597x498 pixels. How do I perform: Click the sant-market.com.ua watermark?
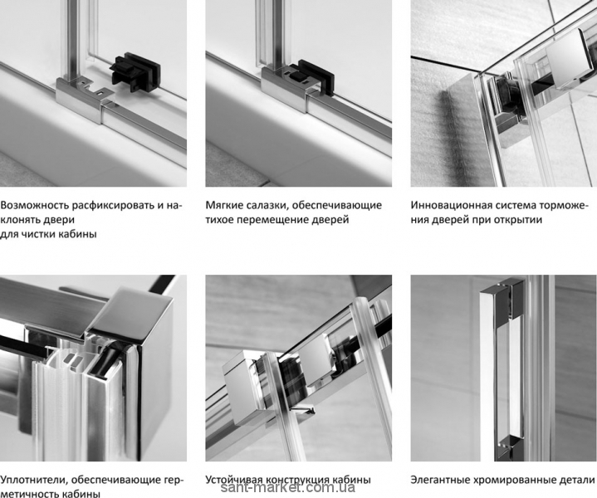coord(288,488)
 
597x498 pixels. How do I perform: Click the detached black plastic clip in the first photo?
coord(135,72)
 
